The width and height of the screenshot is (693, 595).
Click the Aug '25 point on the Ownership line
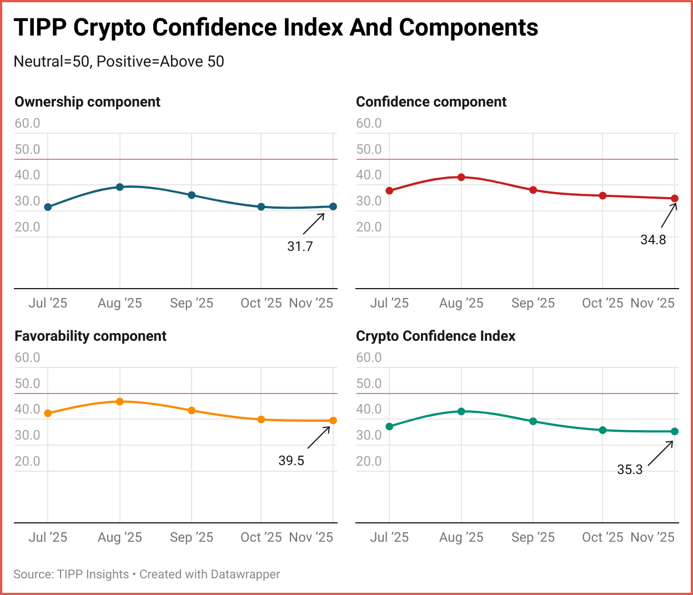119,187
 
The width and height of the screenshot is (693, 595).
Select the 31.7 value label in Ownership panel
300,246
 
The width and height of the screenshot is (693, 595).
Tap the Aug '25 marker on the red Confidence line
461,177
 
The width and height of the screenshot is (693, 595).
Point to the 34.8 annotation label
653,240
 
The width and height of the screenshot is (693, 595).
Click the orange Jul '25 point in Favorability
48,413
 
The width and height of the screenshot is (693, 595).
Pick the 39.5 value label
292,461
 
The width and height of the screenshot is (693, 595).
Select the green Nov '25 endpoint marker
675,431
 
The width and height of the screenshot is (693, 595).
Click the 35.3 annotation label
630,470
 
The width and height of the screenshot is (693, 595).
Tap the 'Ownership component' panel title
87,102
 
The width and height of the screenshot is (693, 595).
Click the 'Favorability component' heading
91,336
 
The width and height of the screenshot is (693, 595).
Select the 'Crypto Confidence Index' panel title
435,336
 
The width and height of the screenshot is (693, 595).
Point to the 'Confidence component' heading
431,102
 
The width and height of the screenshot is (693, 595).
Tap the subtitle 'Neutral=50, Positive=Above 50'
119,61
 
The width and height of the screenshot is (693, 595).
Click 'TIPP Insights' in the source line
93,574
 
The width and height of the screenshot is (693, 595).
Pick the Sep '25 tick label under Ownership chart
192,303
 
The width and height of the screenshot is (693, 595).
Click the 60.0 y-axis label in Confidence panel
369,123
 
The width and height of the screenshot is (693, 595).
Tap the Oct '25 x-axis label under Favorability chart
261,537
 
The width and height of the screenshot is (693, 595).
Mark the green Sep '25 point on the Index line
533,421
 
